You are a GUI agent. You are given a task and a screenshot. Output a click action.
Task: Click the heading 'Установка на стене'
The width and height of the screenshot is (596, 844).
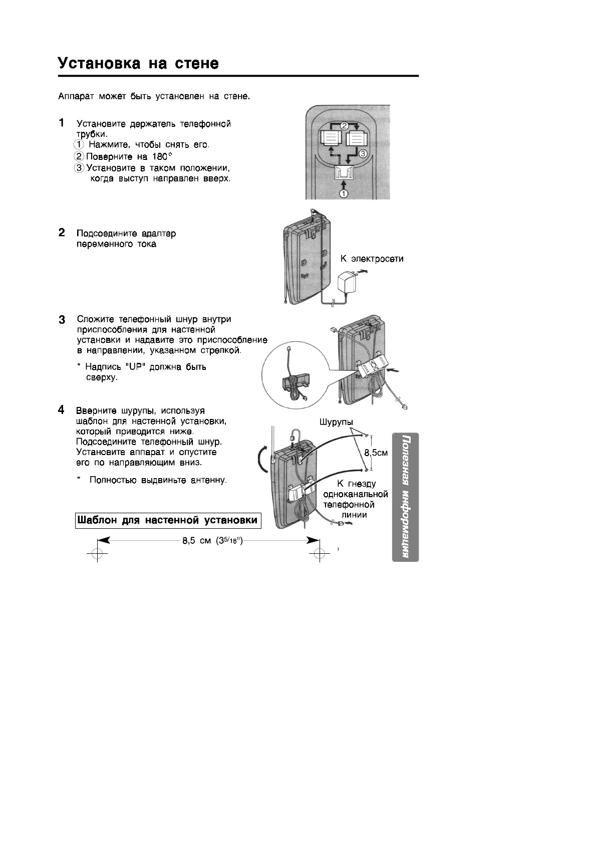(x=139, y=64)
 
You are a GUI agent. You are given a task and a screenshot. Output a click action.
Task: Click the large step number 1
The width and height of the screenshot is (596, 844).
(x=61, y=122)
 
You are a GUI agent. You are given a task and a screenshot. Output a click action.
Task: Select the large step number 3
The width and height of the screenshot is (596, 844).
(x=62, y=319)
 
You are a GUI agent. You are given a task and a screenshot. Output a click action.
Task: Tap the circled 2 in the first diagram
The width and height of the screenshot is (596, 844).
(x=345, y=126)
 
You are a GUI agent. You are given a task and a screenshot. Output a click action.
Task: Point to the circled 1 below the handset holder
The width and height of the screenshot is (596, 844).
(x=344, y=194)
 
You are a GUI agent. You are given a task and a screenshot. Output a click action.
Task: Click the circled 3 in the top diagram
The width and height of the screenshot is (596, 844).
(x=363, y=153)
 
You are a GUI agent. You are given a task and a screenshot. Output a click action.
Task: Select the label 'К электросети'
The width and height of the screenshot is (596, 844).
(x=372, y=259)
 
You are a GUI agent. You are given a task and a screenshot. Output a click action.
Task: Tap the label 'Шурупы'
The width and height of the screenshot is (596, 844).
(x=336, y=422)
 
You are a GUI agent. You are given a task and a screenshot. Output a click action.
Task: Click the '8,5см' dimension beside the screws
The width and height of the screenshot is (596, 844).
(x=376, y=453)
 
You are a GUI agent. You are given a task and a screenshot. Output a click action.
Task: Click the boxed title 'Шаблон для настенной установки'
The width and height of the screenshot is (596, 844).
(x=168, y=520)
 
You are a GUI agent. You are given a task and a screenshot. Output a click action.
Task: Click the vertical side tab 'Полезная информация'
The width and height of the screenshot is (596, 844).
(x=405, y=497)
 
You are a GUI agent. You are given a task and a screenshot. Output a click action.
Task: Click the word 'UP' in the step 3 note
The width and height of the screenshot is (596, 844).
(x=136, y=367)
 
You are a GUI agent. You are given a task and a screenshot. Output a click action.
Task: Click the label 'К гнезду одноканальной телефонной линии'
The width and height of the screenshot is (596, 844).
(x=356, y=499)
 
